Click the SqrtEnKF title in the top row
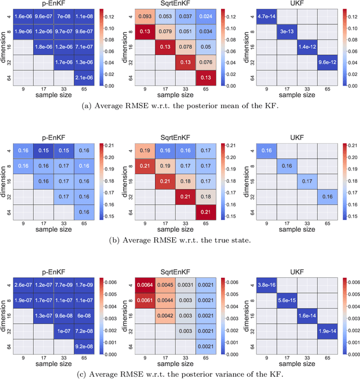point(175,4)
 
